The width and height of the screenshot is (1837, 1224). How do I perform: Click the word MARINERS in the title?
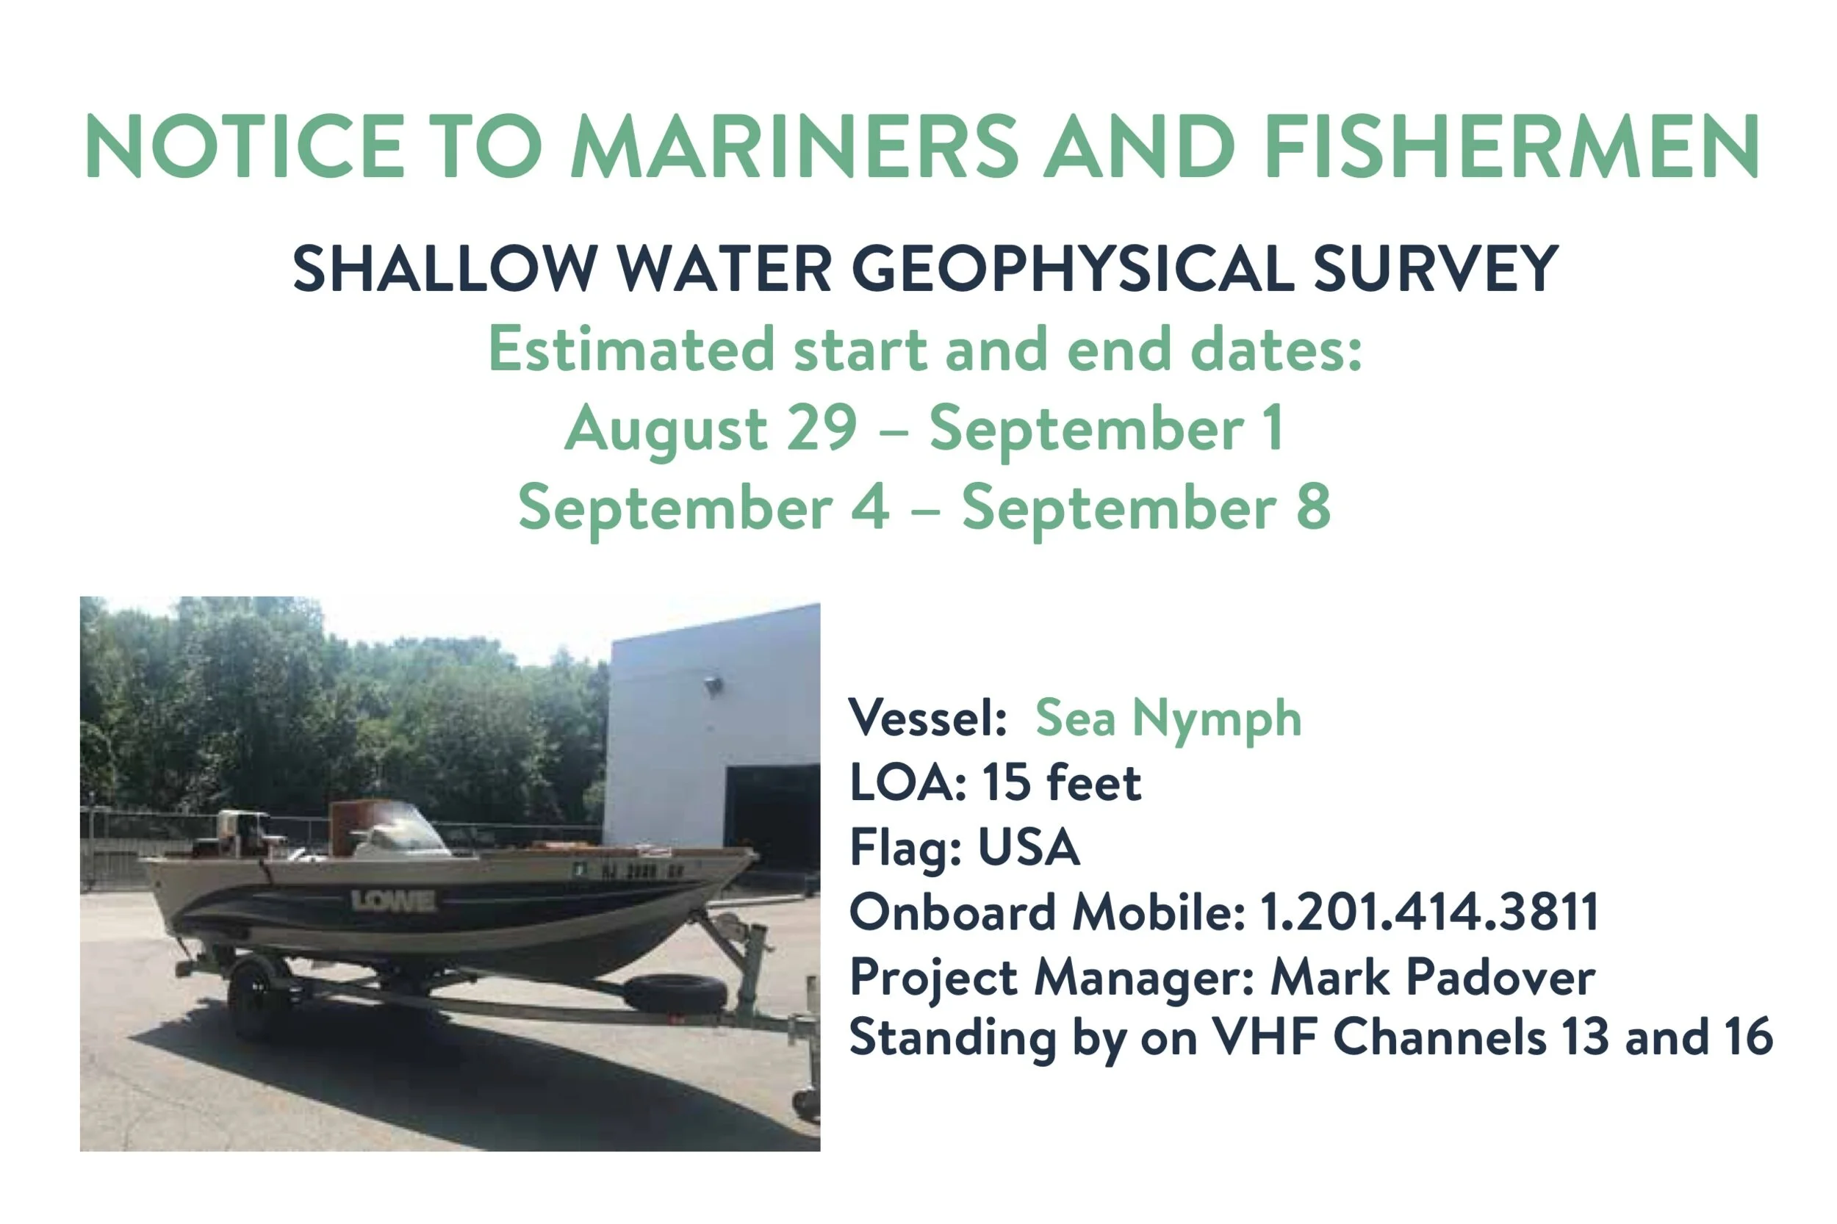tap(792, 147)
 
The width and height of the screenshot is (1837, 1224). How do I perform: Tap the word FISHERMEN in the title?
tap(1510, 147)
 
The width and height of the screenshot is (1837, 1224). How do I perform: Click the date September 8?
tap(1145, 508)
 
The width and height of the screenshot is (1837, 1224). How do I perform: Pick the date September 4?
tap(702, 508)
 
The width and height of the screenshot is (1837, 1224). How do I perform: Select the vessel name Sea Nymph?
tap(1167, 719)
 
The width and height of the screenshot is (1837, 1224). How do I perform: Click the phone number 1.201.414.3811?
tap(1428, 912)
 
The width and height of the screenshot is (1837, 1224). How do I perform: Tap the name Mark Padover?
tap(1432, 976)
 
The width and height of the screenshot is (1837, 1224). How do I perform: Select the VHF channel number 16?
tap(1749, 1037)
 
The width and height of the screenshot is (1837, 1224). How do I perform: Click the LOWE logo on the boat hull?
tap(392, 901)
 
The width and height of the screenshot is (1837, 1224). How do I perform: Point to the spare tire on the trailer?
tap(675, 991)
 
